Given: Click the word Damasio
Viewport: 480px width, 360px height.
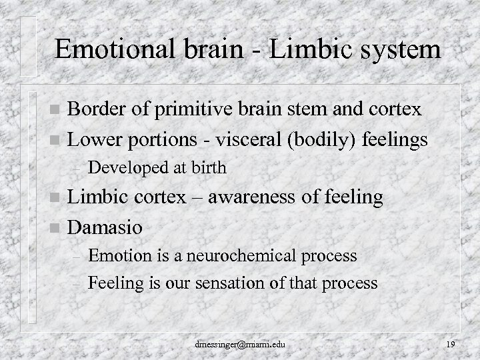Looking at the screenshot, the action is [x=106, y=227].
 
